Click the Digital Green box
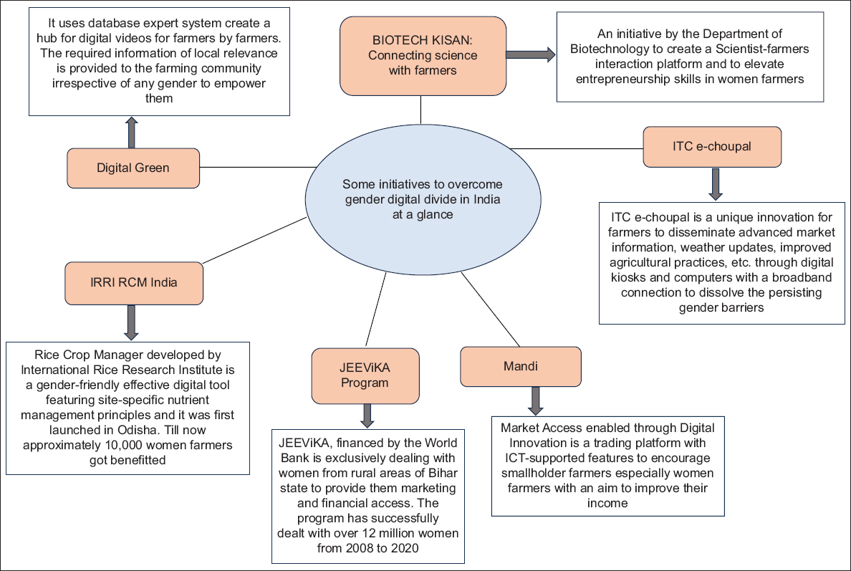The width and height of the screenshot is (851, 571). pos(133,168)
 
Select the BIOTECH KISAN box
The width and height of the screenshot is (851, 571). pos(423,56)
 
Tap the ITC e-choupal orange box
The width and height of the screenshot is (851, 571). pos(712,147)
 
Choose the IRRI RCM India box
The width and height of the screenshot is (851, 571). pos(133,283)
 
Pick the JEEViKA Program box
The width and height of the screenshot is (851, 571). pos(365,375)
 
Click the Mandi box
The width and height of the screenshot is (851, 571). pos(521,366)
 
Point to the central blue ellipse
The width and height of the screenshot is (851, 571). pos(423,199)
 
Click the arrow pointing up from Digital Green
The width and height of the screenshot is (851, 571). pos(131,132)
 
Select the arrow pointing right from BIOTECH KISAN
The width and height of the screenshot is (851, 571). pos(530,54)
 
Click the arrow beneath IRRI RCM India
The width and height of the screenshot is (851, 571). pos(131,322)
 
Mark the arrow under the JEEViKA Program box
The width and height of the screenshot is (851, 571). pos(367,416)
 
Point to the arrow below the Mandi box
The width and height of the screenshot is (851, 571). pos(535,401)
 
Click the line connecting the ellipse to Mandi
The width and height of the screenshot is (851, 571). pos(490,309)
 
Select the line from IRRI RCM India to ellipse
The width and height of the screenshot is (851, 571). pos(254,240)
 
